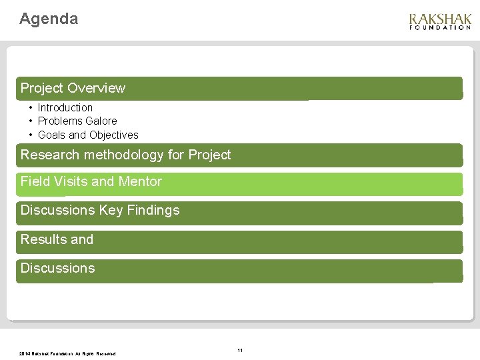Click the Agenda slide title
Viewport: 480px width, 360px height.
pos(49,19)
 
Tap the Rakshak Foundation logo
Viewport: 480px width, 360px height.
pos(440,21)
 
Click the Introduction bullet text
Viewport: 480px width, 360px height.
pos(65,107)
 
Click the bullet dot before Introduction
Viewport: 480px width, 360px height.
pos(31,107)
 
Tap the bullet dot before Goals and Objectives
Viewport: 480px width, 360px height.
pos(31,135)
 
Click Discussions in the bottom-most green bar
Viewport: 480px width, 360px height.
pos(57,268)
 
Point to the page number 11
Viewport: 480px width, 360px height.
pos(240,350)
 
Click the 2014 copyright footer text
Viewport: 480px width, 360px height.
pos(67,353)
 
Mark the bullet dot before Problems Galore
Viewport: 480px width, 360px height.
pos(31,121)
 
